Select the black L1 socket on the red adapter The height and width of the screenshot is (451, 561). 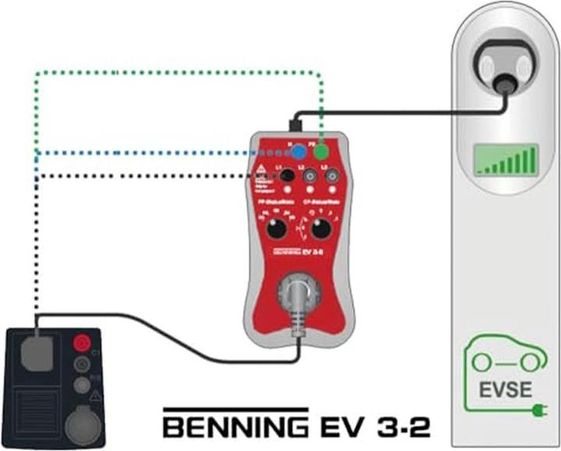[x=286, y=177]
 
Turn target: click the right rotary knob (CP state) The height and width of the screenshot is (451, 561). [x=319, y=230]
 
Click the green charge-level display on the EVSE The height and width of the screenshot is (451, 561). [x=506, y=160]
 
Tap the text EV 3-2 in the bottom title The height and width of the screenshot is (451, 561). [x=374, y=427]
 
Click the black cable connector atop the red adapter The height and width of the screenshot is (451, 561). [x=296, y=125]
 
